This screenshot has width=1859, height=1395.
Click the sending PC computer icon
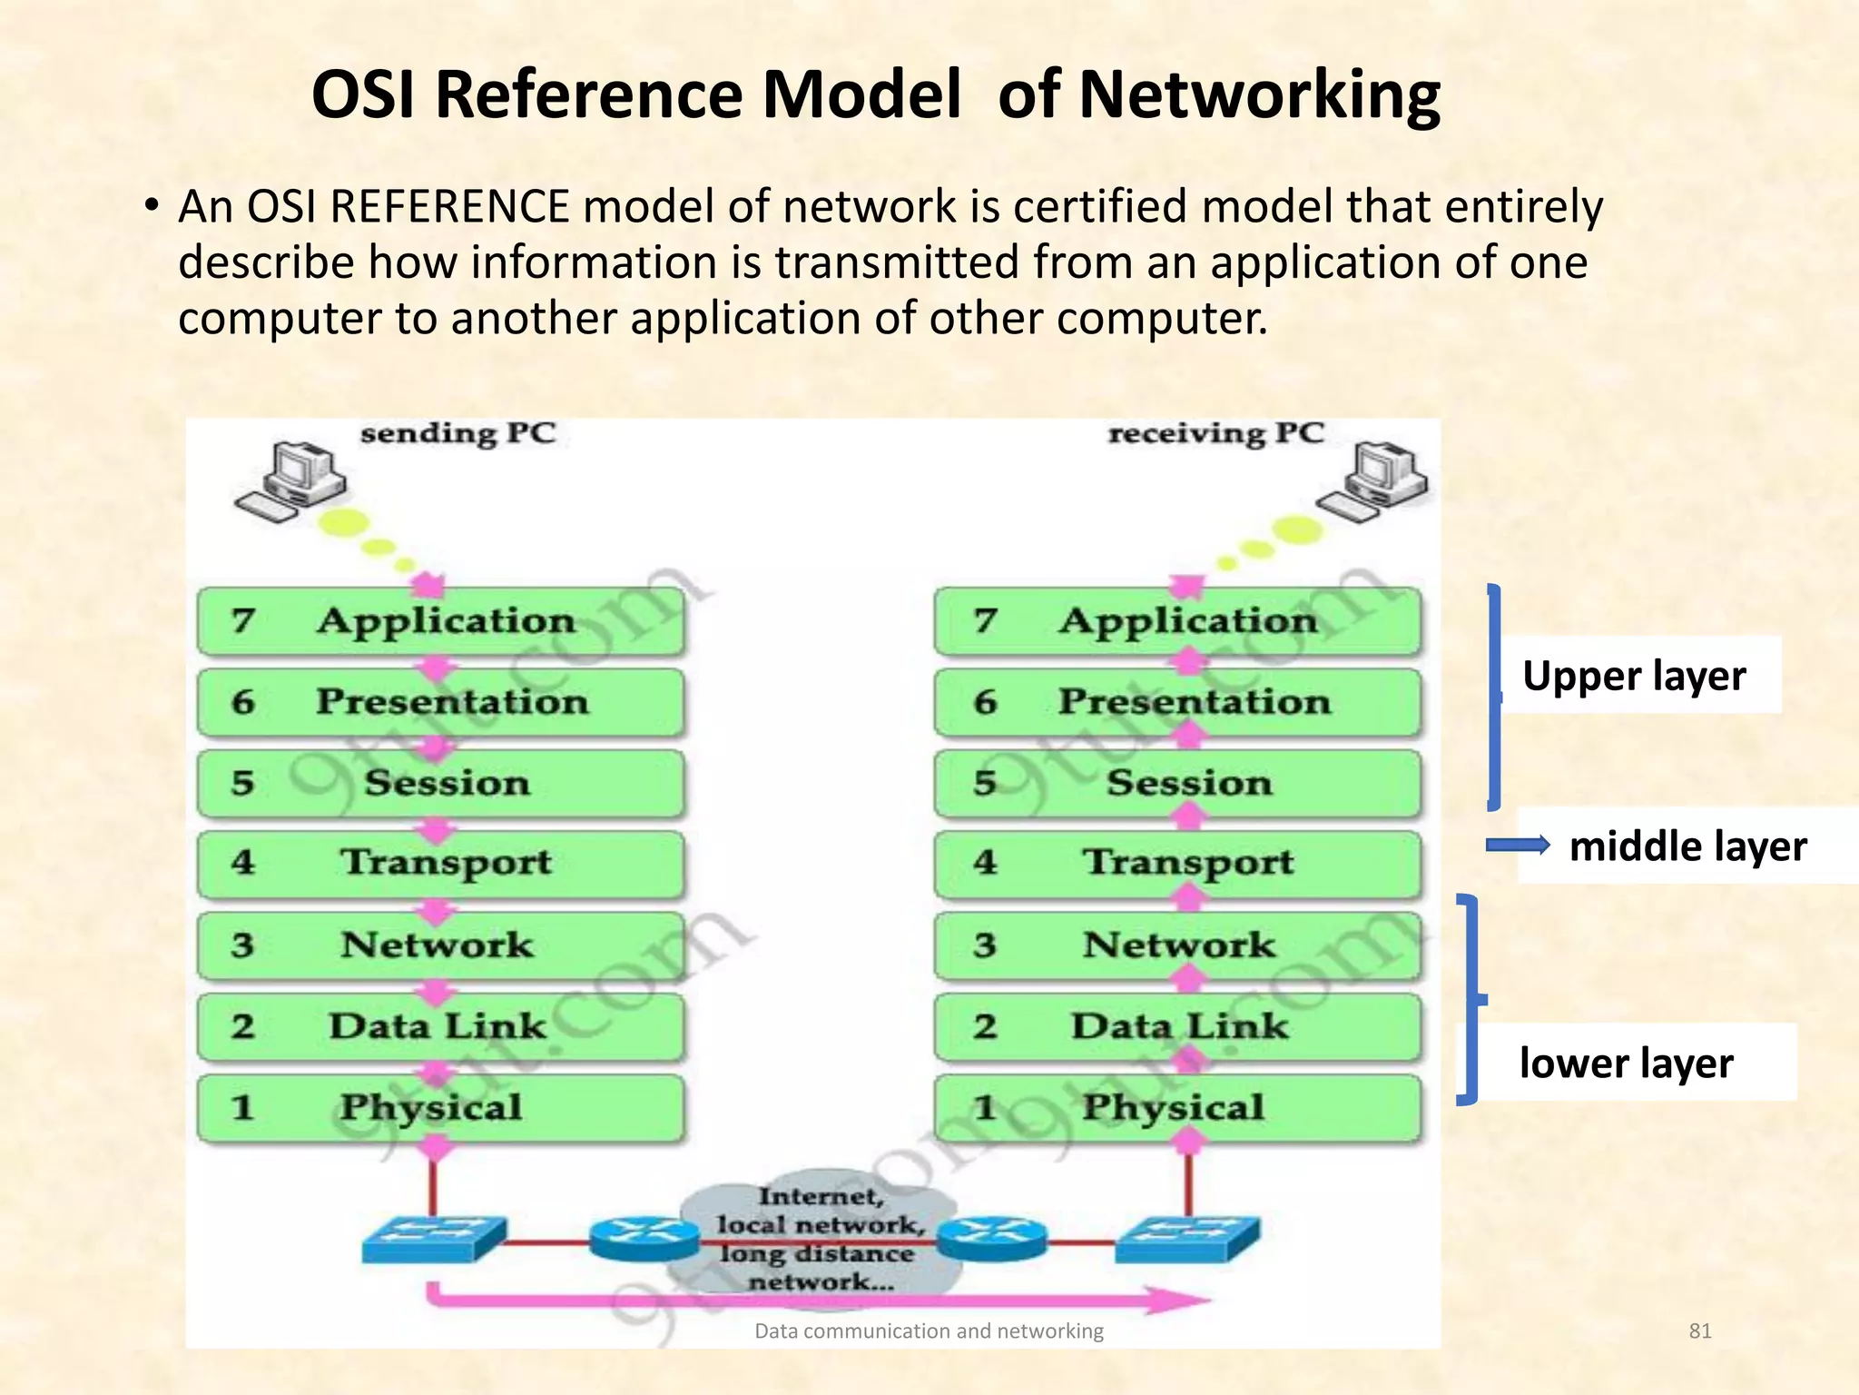(290, 481)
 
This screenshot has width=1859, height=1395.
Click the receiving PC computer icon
(1372, 481)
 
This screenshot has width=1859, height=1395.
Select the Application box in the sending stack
(441, 621)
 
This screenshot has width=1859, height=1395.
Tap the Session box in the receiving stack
(1178, 783)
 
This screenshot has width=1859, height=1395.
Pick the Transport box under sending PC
(441, 863)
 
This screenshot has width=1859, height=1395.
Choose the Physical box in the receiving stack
(1178, 1108)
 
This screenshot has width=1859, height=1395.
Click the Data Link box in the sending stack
(441, 1027)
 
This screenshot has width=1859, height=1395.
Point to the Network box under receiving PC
(1178, 945)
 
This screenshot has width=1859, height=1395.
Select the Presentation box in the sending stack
(441, 702)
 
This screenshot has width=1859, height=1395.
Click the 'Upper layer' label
(1634, 676)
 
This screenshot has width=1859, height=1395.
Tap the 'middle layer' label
(1687, 846)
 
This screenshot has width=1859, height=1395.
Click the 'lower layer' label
(1626, 1064)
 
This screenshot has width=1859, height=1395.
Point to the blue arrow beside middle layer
(1517, 846)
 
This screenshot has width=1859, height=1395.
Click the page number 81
(1699, 1331)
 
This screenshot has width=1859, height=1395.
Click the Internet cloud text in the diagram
(820, 1240)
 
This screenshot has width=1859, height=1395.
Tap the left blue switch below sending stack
(433, 1237)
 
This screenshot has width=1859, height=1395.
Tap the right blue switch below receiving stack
(1186, 1237)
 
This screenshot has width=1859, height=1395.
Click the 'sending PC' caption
(457, 433)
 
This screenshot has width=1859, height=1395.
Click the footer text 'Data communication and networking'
(929, 1331)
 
